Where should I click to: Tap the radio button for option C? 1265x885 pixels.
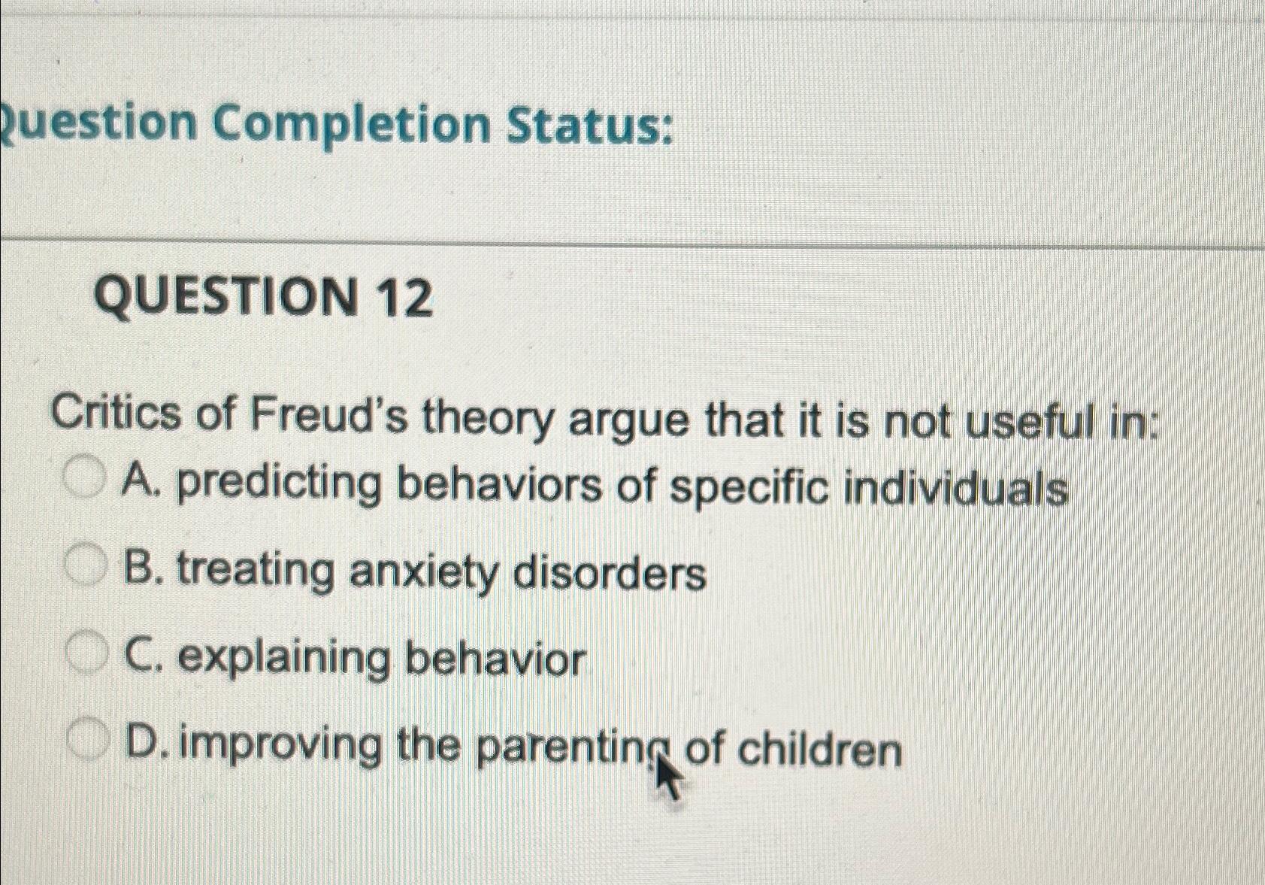[x=88, y=653]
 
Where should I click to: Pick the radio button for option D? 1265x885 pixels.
[x=89, y=740]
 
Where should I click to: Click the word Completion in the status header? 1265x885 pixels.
[x=350, y=125]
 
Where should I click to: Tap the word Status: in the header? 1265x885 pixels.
[x=589, y=126]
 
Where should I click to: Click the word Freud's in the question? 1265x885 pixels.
[x=328, y=416]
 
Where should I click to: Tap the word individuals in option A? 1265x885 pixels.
[x=955, y=489]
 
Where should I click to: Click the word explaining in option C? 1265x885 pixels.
[x=286, y=659]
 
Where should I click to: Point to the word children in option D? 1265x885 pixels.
[x=820, y=750]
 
